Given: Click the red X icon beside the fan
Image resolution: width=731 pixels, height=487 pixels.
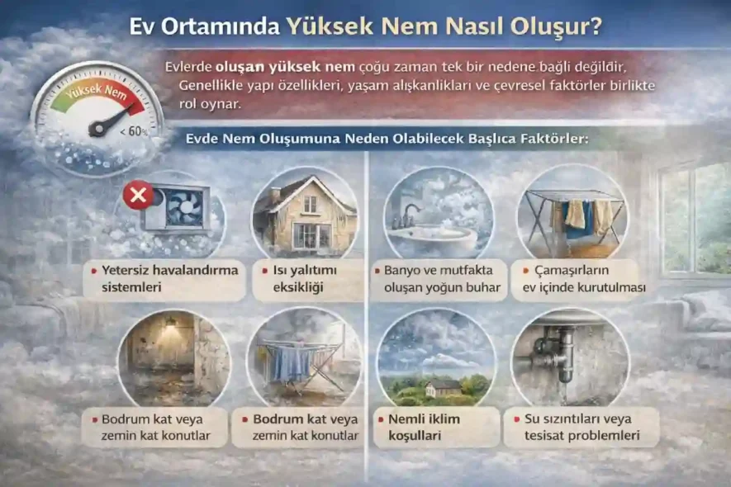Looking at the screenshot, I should coord(135,196).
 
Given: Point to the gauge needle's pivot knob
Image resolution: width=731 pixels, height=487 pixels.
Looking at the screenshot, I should coord(97,130).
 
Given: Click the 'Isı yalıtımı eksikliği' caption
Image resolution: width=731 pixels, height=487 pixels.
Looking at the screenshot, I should coord(305,279).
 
